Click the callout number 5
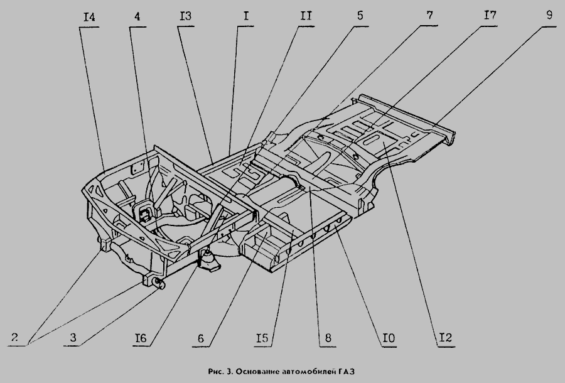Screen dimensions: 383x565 point(360,16)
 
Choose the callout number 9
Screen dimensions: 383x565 point(549,16)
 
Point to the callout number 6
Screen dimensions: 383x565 point(200,338)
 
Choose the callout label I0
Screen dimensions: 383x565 point(387,339)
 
